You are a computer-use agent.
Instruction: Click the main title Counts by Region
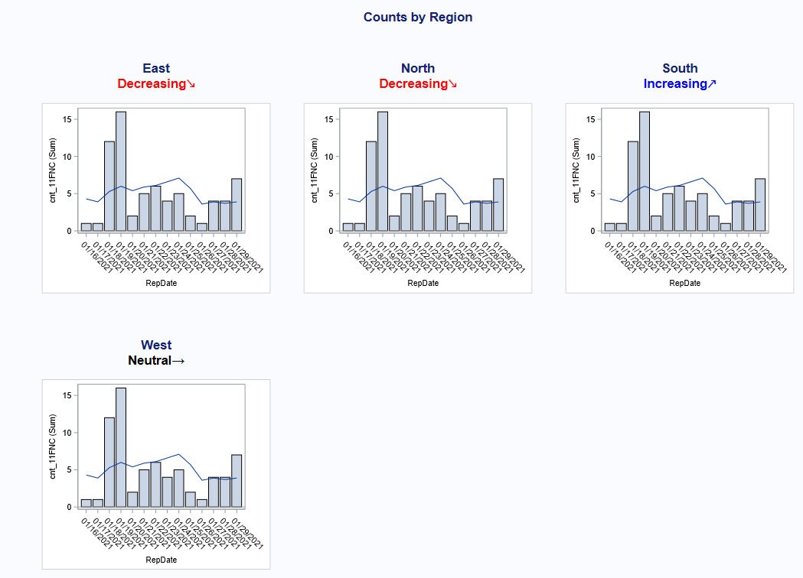pos(417,17)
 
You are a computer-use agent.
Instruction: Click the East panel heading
pos(156,68)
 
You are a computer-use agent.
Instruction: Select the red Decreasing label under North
pos(418,83)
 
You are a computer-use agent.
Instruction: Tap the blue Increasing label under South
pos(680,83)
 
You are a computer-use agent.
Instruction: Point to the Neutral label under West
pos(156,360)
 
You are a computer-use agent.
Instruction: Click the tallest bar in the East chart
pos(121,171)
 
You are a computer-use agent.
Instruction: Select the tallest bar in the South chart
pos(645,171)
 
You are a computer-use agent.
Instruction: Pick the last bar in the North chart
pos(498,205)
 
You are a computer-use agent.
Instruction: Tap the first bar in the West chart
pos(87,502)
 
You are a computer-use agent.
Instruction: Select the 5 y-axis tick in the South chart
pos(592,193)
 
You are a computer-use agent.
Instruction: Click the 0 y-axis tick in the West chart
pos(69,507)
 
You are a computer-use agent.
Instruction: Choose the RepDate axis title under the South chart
pos(685,283)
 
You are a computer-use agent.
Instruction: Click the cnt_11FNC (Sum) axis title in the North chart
pos(315,170)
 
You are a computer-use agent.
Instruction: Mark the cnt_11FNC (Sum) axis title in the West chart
pos(53,446)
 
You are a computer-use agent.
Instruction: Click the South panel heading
pos(680,68)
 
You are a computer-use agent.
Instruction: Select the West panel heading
pos(156,345)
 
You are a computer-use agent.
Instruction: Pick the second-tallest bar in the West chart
pos(109,462)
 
